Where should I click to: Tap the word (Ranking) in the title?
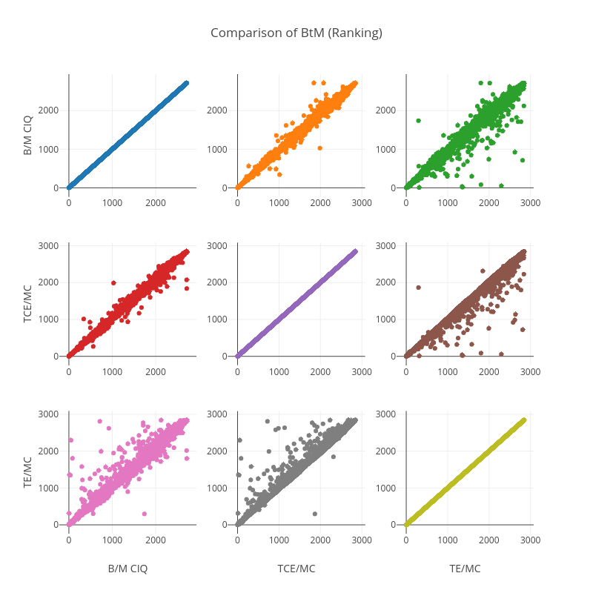click(x=357, y=33)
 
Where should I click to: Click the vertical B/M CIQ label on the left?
click(x=27, y=131)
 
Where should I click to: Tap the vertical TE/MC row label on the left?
click(x=27, y=469)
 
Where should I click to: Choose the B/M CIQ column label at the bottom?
click(x=127, y=569)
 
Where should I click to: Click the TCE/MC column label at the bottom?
click(x=296, y=569)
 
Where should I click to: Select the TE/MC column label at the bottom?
click(x=465, y=569)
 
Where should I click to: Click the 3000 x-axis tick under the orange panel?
click(x=362, y=202)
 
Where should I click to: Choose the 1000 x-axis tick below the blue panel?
click(x=112, y=202)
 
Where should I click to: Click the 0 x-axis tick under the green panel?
click(x=405, y=202)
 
